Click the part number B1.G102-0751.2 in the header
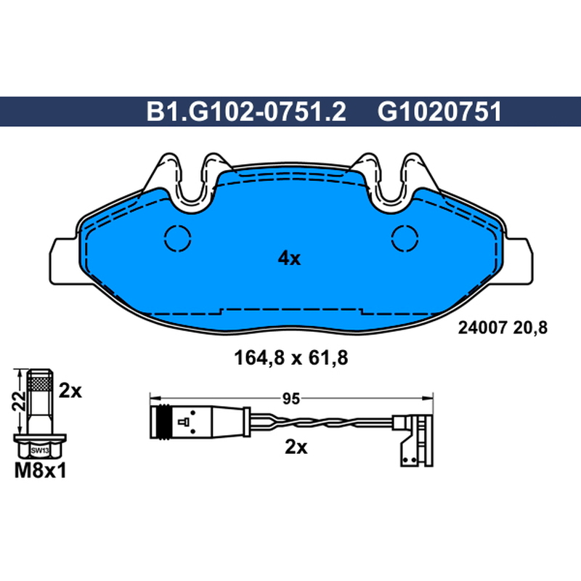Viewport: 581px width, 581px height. coord(246,112)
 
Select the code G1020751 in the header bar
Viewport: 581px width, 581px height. coord(439,112)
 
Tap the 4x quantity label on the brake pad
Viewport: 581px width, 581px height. coord(289,259)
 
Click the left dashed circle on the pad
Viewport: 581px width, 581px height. coord(178,238)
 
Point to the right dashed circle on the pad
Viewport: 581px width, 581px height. coord(405,238)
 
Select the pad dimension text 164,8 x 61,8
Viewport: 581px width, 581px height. coord(291,358)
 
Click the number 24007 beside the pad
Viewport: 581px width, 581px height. coord(482,328)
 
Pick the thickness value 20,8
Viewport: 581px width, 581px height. coord(530,328)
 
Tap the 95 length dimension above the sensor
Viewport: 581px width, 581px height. coord(291,399)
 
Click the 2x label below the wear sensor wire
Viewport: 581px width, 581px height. coord(296,447)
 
